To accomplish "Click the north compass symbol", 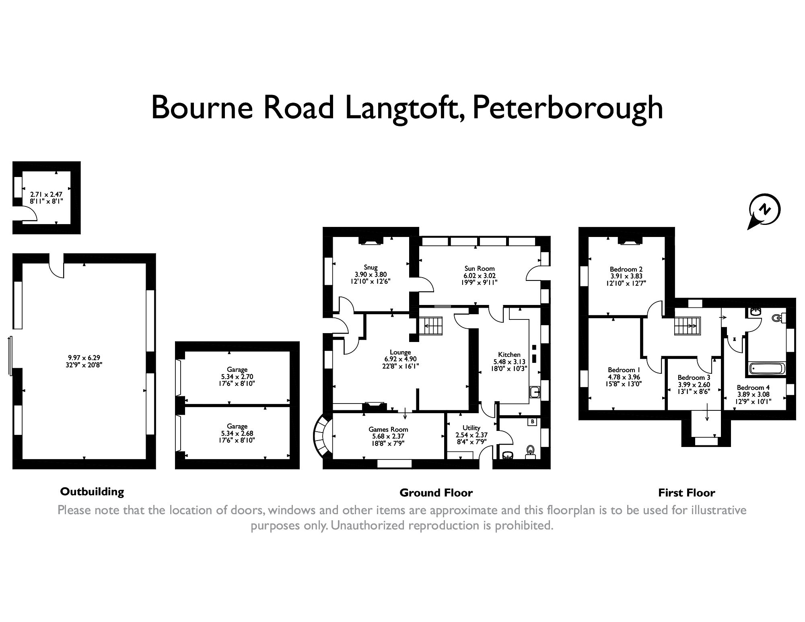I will pos(764,210).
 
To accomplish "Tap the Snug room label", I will pos(371,267).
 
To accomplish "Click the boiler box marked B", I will pos(532,422).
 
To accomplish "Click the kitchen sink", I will pos(535,391).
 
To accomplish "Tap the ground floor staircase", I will pos(431,325).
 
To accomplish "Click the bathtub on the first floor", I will pos(766,368).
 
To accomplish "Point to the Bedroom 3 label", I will pos(694,377).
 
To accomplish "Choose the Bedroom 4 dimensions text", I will pos(754,398).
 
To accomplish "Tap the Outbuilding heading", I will pos(92,491).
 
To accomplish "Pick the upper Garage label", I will pos(237,369).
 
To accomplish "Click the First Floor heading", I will pos(686,492).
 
